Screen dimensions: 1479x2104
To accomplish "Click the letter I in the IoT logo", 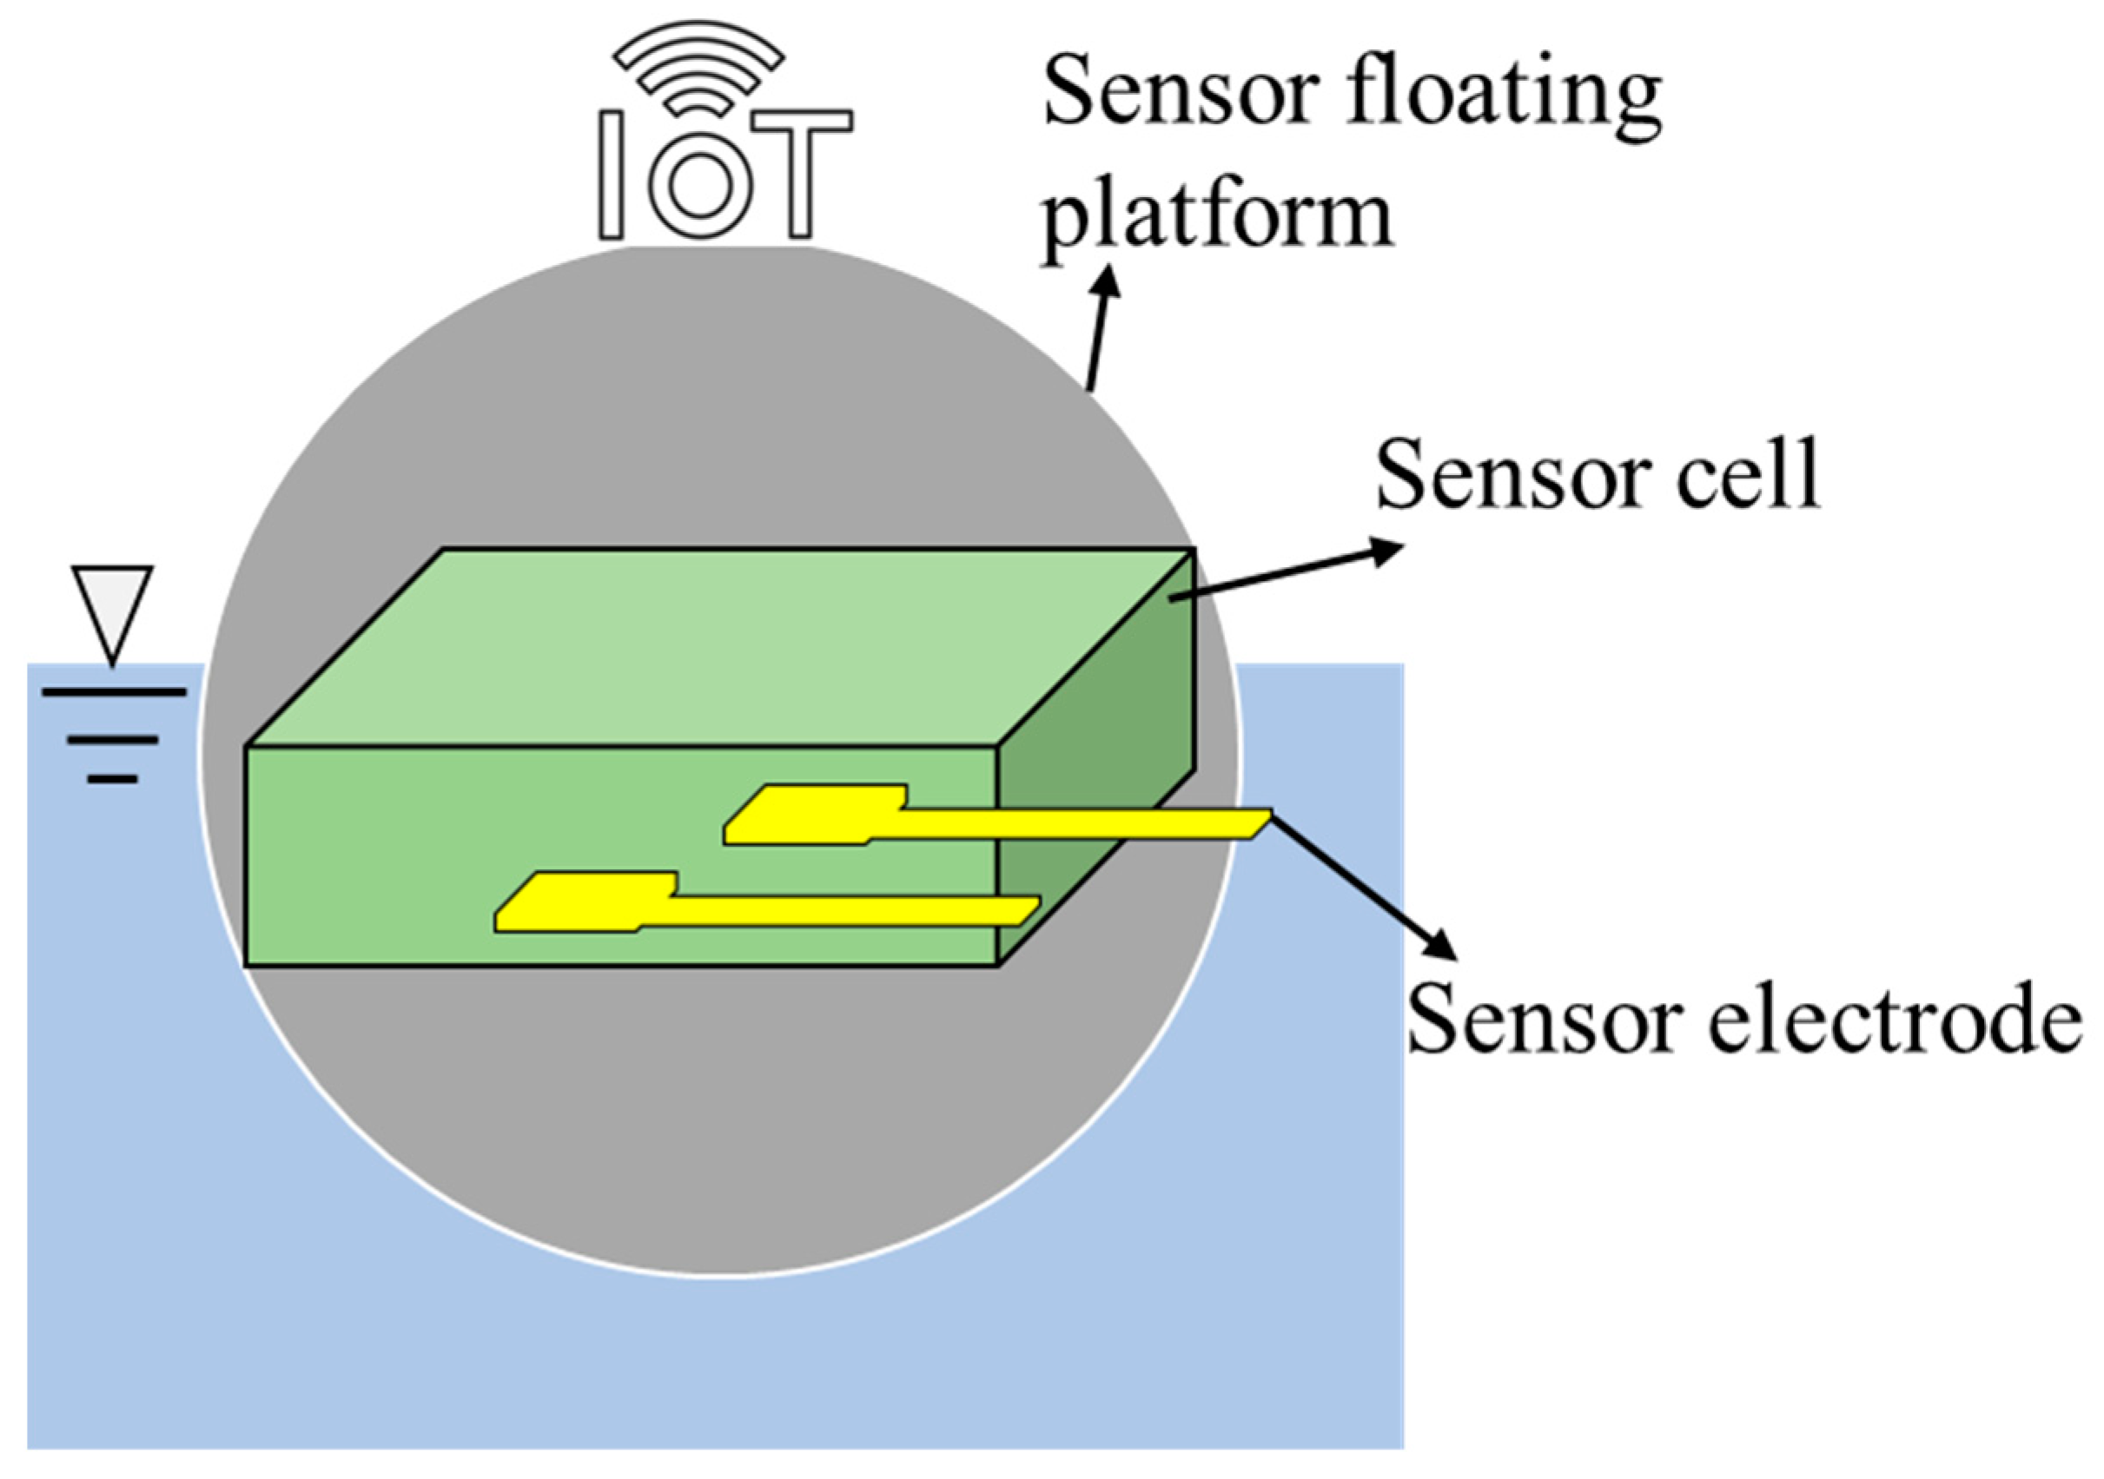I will pyautogui.click(x=612, y=174).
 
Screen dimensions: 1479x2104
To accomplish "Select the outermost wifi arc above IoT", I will pyautogui.click(x=699, y=36).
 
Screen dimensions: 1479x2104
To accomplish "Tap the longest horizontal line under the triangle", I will pyautogui.click(x=114, y=693).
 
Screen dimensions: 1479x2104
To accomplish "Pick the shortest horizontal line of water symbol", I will pyautogui.click(x=113, y=780).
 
